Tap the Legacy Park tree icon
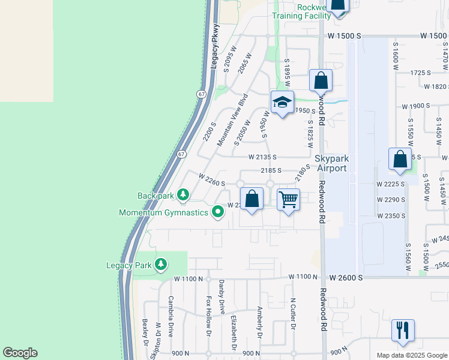(x=160, y=265)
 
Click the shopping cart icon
(x=289, y=199)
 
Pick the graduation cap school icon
(x=282, y=102)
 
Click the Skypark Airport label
(x=332, y=163)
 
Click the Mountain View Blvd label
(x=232, y=120)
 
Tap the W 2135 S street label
(x=262, y=157)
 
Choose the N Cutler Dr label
(x=294, y=314)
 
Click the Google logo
(x=20, y=353)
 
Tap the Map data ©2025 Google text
(x=411, y=355)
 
